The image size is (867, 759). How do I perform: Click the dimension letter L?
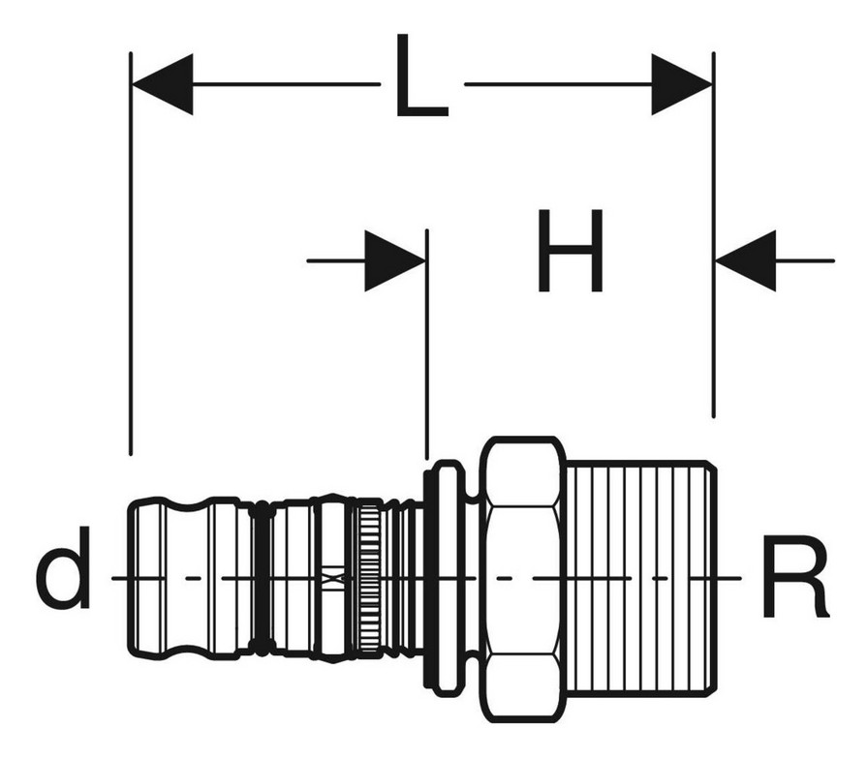click(421, 76)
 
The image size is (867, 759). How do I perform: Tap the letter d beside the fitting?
click(63, 568)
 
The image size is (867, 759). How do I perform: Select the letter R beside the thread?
click(795, 576)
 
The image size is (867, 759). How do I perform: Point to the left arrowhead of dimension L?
click(163, 84)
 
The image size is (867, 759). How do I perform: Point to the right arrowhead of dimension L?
click(682, 84)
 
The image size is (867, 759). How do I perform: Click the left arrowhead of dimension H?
click(395, 260)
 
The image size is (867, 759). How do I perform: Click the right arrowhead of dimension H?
click(745, 260)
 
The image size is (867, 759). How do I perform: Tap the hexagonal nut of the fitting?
click(522, 580)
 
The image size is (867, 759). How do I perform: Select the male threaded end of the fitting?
click(641, 579)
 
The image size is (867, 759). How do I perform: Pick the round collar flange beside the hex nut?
click(447, 578)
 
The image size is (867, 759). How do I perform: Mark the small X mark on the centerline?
click(331, 578)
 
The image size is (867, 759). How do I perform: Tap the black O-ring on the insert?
click(263, 578)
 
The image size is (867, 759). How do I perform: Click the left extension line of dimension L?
click(131, 254)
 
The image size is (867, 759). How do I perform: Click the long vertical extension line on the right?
click(713, 235)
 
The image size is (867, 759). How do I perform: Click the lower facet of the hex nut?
click(522, 687)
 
